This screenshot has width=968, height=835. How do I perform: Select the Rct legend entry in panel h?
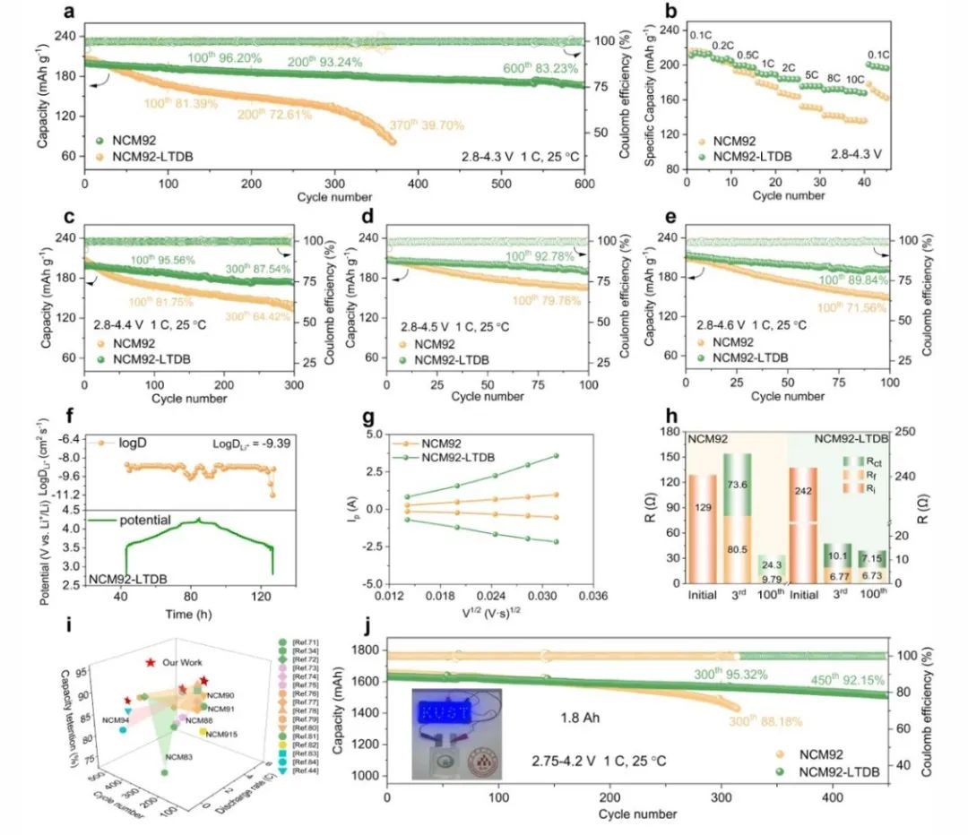(x=864, y=461)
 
